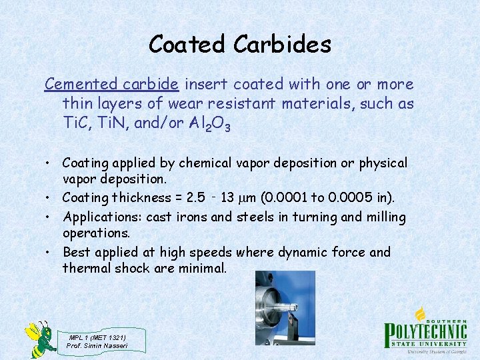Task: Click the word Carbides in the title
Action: (283, 45)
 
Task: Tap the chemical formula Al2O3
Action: (209, 123)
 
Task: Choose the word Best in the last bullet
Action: (77, 252)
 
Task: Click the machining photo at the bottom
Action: (276, 307)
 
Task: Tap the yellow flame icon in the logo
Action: (421, 313)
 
